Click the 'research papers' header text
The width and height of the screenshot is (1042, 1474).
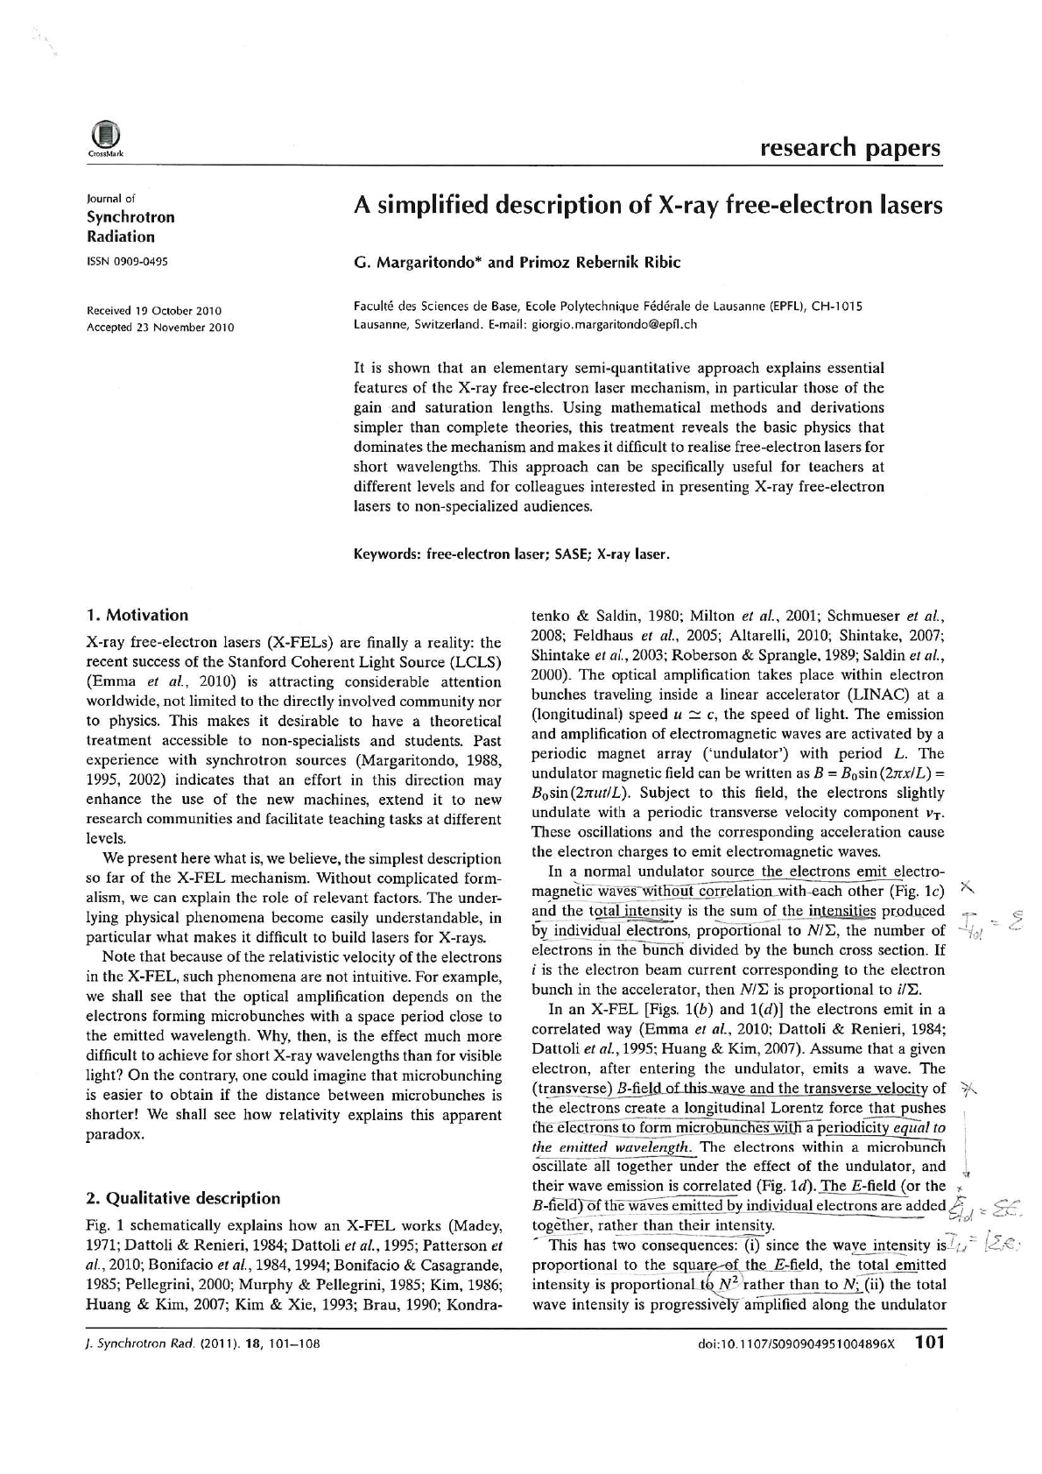pos(850,147)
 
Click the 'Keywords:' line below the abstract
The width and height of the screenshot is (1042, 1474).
pos(511,554)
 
